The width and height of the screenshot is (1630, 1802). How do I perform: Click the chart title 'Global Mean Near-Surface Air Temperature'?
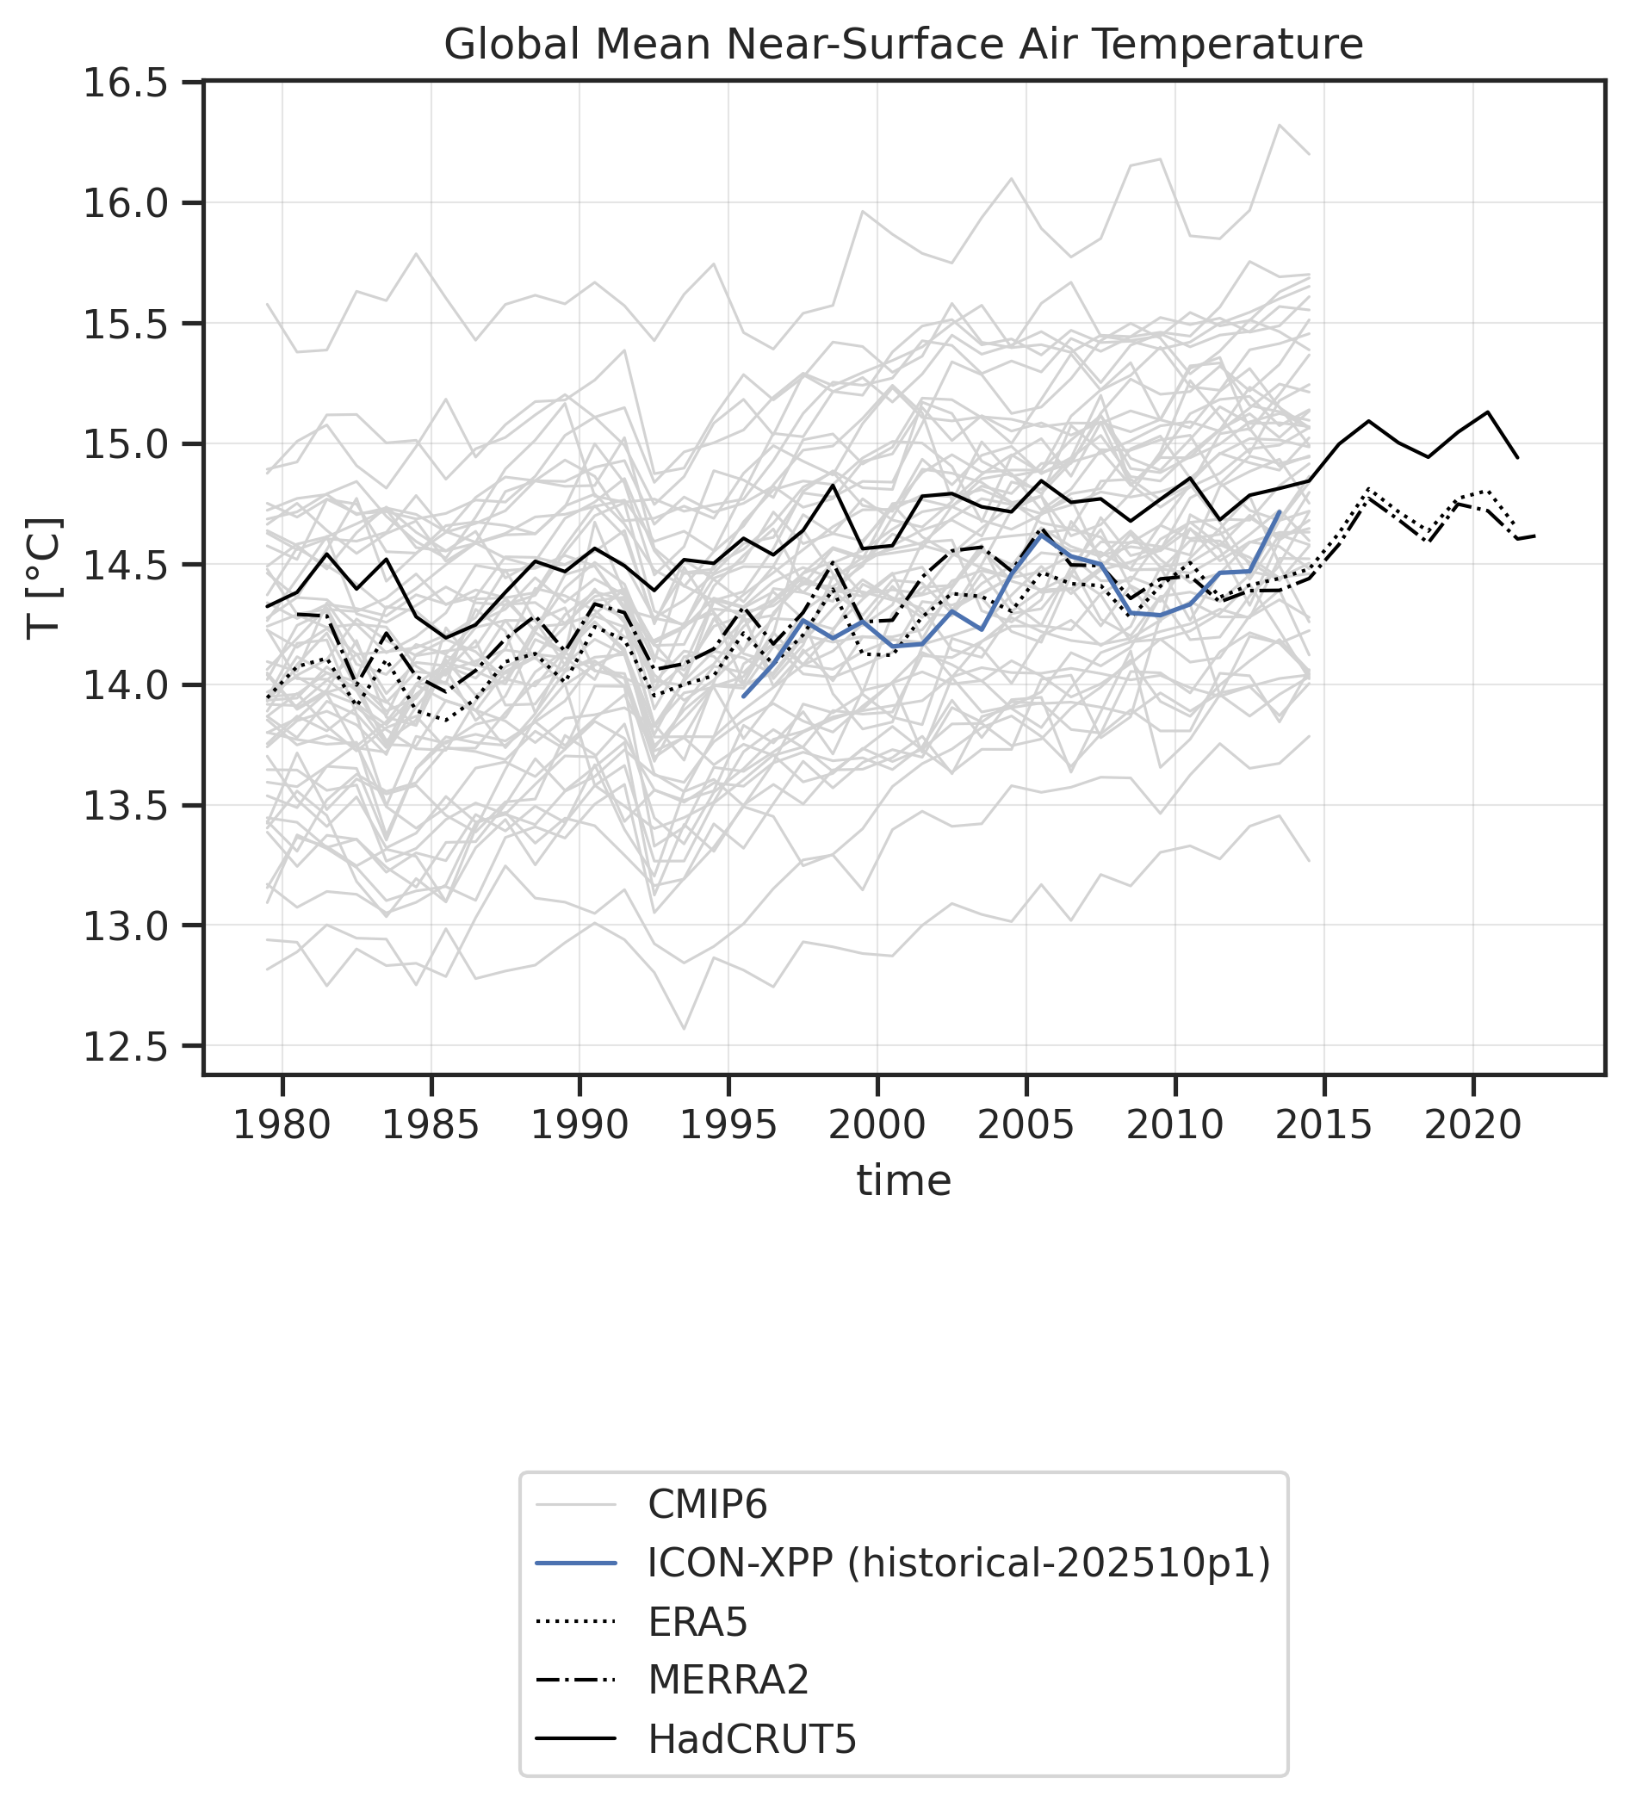tap(903, 45)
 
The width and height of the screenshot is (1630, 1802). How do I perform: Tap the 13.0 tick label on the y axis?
tap(125, 926)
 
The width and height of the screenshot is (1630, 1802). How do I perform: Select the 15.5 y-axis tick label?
tap(125, 325)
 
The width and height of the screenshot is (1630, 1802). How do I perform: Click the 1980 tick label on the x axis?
tap(282, 1124)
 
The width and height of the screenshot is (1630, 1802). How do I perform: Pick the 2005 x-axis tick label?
tap(1026, 1124)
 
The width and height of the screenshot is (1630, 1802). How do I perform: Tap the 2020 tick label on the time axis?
tap(1472, 1124)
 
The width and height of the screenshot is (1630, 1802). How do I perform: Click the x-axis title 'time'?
tap(903, 1180)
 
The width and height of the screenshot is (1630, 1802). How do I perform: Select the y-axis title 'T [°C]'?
tap(45, 578)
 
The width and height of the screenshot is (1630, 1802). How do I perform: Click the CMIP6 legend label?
tap(707, 1505)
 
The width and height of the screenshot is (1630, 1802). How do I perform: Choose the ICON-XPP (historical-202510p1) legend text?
tap(958, 1564)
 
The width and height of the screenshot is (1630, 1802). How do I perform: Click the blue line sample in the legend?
tap(576, 1564)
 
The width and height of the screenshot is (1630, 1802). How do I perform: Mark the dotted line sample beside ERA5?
tap(576, 1621)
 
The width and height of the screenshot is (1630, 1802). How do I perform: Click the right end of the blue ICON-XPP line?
tap(1280, 512)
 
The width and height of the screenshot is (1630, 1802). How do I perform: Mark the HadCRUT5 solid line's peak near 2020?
tap(1487, 412)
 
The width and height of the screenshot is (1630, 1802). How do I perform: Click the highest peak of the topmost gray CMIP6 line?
tap(1280, 125)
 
